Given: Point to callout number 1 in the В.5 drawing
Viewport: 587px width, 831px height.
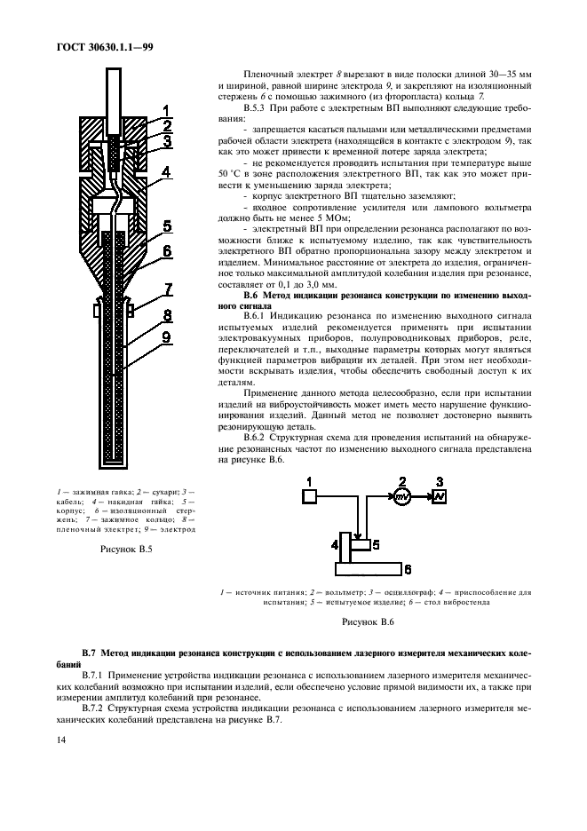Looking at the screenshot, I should click(166, 111).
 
